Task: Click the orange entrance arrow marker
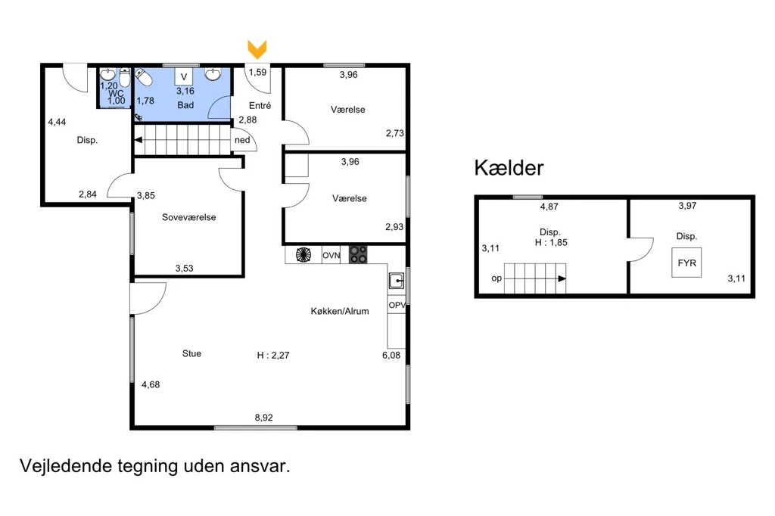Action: pos(257,49)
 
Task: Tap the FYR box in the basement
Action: pos(686,263)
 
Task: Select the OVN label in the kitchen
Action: pos(331,256)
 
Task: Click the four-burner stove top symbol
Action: pos(358,254)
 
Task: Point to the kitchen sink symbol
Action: pos(397,281)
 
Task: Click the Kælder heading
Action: pos(509,168)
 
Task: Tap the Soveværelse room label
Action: pos(188,217)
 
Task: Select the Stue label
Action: pos(191,353)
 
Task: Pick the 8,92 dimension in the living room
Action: pos(264,418)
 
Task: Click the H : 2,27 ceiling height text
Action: pos(273,355)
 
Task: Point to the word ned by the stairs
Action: pos(242,140)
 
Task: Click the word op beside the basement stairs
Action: pos(496,278)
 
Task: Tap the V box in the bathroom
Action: pos(184,76)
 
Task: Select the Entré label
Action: pos(260,105)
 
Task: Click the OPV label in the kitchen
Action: pos(397,305)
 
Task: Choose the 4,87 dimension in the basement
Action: pos(549,207)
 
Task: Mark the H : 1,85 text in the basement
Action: pos(551,242)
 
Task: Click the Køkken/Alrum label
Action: pos(340,311)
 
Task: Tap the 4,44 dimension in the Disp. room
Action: pos(57,122)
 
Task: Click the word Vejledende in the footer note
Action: pos(66,465)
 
